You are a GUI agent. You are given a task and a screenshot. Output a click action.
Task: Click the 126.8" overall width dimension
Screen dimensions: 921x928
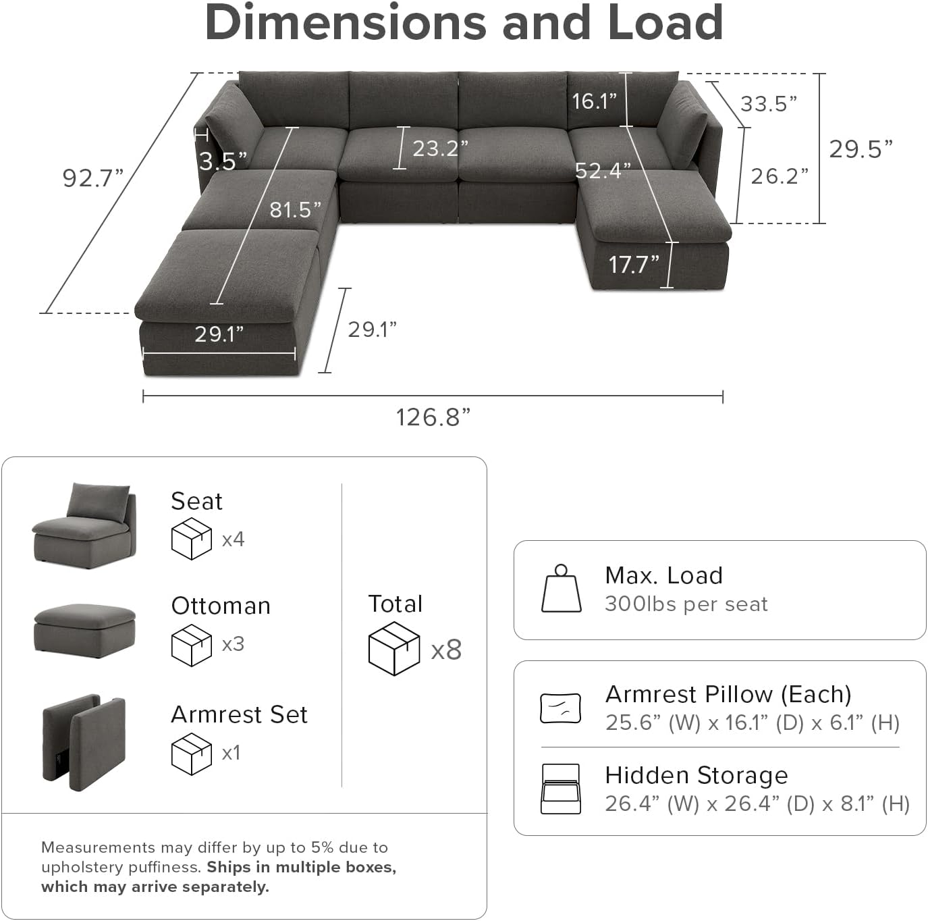click(x=433, y=417)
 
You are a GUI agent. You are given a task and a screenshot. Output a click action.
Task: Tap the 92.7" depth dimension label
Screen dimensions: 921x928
click(x=92, y=178)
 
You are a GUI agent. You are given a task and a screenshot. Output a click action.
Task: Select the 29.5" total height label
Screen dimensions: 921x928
click(x=861, y=149)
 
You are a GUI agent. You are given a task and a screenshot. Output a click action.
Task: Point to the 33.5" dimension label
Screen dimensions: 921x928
click(x=769, y=104)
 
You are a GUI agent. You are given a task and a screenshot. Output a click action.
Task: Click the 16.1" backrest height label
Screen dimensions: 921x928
click(x=594, y=101)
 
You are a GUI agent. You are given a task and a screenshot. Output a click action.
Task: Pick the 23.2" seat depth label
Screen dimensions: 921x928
click(x=440, y=148)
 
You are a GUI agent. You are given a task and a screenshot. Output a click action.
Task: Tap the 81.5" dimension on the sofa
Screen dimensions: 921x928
click(x=296, y=210)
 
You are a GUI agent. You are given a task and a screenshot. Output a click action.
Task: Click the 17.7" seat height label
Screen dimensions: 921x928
click(x=633, y=265)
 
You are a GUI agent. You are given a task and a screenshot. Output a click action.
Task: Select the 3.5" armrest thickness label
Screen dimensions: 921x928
click(x=223, y=161)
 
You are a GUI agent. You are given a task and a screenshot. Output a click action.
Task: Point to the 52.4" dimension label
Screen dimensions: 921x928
click(x=603, y=171)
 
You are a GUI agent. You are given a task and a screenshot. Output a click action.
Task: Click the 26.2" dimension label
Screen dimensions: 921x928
click(x=780, y=176)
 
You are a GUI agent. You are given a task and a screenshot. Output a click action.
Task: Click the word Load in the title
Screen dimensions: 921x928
click(x=665, y=22)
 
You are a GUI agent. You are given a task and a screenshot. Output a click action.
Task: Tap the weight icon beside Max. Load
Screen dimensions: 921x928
click(x=561, y=589)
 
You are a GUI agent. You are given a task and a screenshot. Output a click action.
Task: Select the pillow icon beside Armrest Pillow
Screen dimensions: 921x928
click(x=560, y=708)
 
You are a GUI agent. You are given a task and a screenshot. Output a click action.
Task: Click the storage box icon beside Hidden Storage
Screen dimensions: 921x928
click(x=560, y=789)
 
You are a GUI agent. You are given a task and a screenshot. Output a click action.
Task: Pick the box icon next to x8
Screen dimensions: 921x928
click(x=394, y=649)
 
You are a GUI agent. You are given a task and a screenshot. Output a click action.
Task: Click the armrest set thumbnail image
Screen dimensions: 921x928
click(x=84, y=741)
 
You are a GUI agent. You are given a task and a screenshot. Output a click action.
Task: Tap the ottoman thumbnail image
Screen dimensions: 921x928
click(x=84, y=630)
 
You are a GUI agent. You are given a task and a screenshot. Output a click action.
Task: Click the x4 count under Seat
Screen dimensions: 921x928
click(x=233, y=540)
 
